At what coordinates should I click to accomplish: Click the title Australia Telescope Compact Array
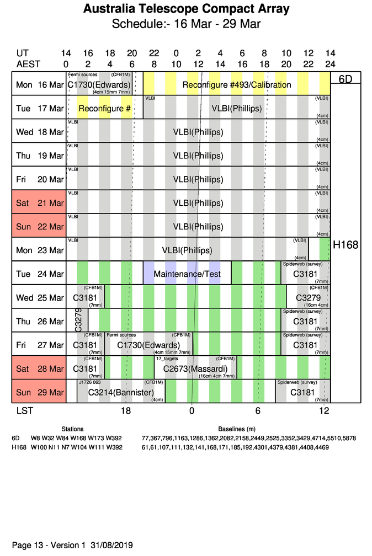pyautogui.click(x=186, y=9)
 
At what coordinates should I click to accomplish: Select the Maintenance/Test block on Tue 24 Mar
pyautogui.click(x=187, y=274)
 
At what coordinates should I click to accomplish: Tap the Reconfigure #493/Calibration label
pyautogui.click(x=236, y=85)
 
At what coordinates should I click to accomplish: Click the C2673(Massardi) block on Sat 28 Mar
pyautogui.click(x=195, y=368)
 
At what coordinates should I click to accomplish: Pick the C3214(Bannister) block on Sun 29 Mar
pyautogui.click(x=120, y=392)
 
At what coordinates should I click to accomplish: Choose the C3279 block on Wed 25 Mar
pyautogui.click(x=308, y=297)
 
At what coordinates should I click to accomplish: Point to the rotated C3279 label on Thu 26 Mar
pyautogui.click(x=78, y=320)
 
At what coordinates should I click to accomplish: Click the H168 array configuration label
pyautogui.click(x=345, y=244)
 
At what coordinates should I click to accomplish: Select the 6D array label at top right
pyautogui.click(x=345, y=79)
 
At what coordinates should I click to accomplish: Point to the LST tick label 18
pyautogui.click(x=126, y=410)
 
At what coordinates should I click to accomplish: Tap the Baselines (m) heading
pyautogui.click(x=237, y=429)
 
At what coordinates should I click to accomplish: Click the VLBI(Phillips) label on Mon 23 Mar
pyautogui.click(x=187, y=250)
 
